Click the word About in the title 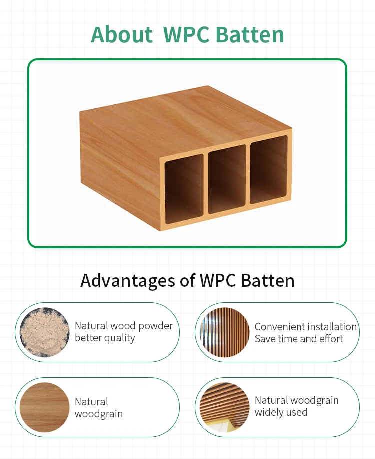pos(121,35)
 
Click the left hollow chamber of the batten pos(184,189)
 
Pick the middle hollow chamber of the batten pos(227,180)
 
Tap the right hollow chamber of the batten pos(269,169)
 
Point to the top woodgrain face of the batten pos(185,120)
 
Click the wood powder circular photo pos(44,332)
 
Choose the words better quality pos(105,338)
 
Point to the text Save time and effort pos(299,339)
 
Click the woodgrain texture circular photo pos(44,407)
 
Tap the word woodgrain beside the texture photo pos(98,414)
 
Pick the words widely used pos(281,413)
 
